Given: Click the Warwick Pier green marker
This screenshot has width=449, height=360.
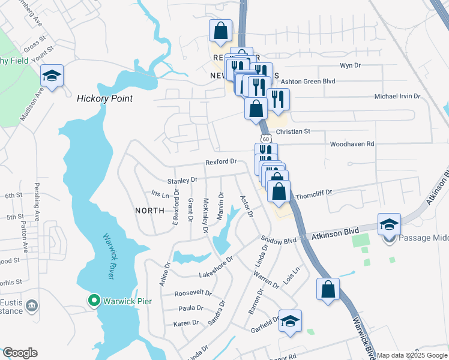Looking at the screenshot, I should pos(94,300).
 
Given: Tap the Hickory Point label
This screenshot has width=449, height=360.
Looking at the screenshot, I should pos(104,98).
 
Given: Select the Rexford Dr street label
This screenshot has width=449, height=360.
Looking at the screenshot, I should pos(221,162).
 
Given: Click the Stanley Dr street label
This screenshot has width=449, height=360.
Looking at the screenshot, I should pos(182,180).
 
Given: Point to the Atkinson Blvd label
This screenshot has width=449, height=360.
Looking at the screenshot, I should pos(332,238).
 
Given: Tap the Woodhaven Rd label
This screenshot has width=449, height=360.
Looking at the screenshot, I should pos(352,144).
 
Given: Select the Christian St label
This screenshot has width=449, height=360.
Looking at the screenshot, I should pos(293,131).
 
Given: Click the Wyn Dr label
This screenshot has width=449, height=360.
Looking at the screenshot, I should pos(349,65).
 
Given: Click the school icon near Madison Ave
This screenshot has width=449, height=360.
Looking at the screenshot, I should pos(52,76).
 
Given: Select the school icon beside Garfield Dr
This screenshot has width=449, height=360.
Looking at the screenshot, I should pos(290,320).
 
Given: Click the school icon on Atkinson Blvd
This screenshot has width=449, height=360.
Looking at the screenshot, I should pos(389,224).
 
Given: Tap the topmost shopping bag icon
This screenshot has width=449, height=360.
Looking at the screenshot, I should pos(220,31).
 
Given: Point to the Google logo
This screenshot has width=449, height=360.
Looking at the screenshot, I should pos(20,353).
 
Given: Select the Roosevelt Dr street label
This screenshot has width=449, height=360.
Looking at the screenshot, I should pos(193,293).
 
